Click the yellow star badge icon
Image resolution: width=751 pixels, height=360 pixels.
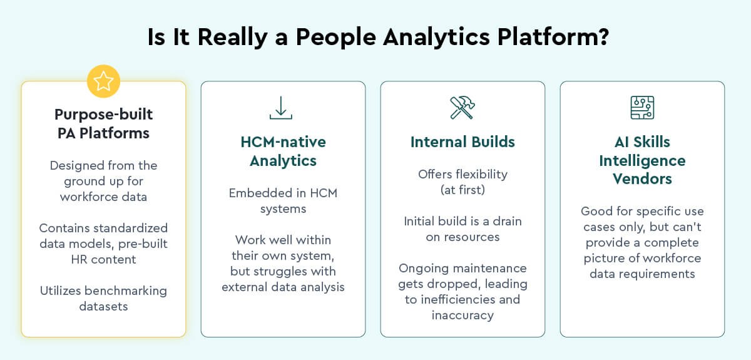pos(103,81)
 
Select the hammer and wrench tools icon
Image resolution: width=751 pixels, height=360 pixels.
pos(462,108)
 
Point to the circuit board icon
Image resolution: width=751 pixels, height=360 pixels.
pos(642,108)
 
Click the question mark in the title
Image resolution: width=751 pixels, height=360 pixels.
pos(602,36)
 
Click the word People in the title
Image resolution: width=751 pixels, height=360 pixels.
pos(335,38)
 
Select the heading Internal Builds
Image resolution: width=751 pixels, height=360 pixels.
pos(462,141)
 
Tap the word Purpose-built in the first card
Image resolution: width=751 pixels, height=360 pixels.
pos(103,115)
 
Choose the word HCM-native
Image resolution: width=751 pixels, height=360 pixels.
pos(283,142)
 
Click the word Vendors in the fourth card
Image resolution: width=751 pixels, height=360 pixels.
pos(642,179)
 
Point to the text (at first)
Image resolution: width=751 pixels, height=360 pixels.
pos(462,190)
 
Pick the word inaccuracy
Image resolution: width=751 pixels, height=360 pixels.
pos(462,316)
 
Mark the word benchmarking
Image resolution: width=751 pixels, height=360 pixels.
pos(125,291)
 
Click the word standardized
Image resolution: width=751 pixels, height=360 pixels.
pos(130,228)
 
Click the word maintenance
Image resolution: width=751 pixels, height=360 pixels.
pos(489,269)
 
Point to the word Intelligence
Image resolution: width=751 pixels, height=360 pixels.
pos(642,161)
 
